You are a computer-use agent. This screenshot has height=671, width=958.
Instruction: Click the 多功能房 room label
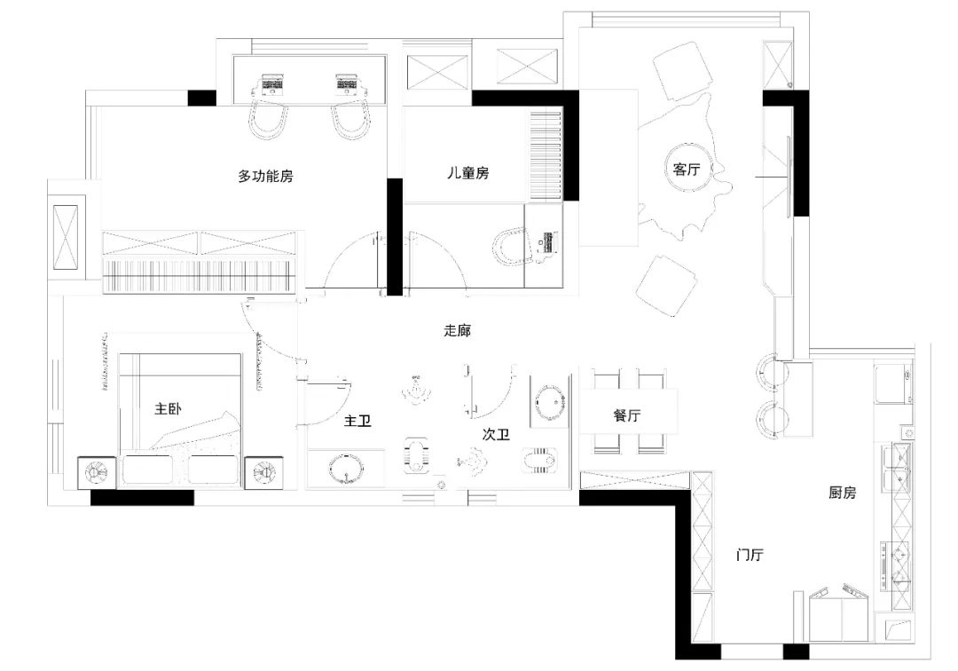(265, 177)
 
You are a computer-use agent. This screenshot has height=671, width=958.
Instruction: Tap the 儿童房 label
(468, 173)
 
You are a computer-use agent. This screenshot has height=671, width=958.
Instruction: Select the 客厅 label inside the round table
(686, 169)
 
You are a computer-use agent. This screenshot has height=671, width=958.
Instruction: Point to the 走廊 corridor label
(457, 330)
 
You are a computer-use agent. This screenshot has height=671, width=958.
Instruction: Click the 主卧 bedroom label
(168, 408)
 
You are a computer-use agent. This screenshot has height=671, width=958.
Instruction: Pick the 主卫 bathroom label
(357, 421)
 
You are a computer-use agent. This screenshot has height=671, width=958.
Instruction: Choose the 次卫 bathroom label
(496, 435)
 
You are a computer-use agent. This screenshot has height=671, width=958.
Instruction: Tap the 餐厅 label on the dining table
(627, 415)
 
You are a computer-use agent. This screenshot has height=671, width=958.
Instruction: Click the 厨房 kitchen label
(842, 492)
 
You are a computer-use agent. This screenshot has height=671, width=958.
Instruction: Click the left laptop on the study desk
(272, 84)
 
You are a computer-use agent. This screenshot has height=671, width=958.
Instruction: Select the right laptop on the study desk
(347, 84)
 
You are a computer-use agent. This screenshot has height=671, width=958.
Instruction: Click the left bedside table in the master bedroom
(97, 472)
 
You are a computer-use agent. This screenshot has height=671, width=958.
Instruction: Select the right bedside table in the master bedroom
(264, 472)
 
